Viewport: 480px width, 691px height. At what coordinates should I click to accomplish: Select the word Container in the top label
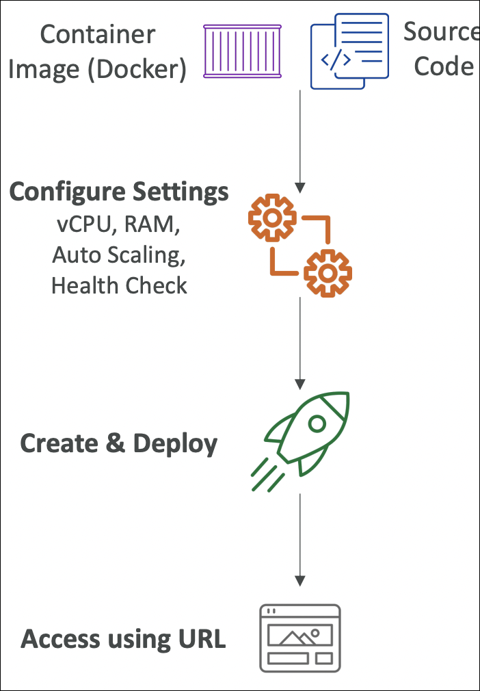point(97,34)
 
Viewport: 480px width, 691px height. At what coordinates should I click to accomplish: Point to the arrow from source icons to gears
point(299,140)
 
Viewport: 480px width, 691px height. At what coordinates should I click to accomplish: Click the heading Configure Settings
point(119,192)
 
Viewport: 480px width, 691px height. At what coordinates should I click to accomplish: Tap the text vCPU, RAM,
point(119,224)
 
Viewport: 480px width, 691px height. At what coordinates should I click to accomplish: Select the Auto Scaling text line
point(119,255)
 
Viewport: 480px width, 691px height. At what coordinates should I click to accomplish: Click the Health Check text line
point(119,285)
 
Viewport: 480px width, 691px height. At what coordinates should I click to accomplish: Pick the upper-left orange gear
point(272,218)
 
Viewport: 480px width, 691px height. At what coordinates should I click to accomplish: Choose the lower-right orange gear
point(328,273)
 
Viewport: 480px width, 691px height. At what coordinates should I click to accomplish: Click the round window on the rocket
point(317,423)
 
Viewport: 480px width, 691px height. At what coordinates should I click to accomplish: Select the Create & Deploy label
point(119,443)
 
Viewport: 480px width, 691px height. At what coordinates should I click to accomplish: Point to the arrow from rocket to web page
point(299,537)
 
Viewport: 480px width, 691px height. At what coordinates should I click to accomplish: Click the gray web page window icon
point(299,638)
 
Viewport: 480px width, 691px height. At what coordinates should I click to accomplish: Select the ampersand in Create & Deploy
point(116,443)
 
